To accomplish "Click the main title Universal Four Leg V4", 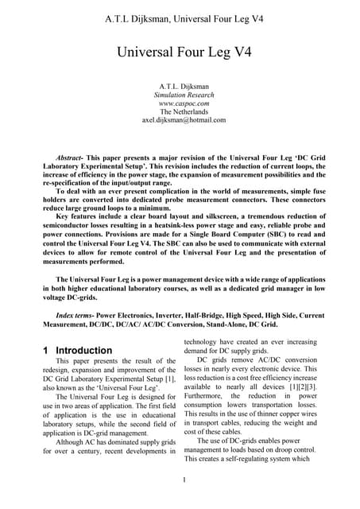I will pos(180,53).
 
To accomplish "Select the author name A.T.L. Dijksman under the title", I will pos(180,84).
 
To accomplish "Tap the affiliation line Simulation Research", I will pos(180,93).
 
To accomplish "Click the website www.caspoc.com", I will pos(180,103).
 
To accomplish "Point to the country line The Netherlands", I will pos(180,111).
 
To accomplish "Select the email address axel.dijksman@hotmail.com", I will pos(180,121).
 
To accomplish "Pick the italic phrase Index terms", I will pos(68,314).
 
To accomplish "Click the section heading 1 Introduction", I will pos(77,350).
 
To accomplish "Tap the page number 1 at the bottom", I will pos(182,480).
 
